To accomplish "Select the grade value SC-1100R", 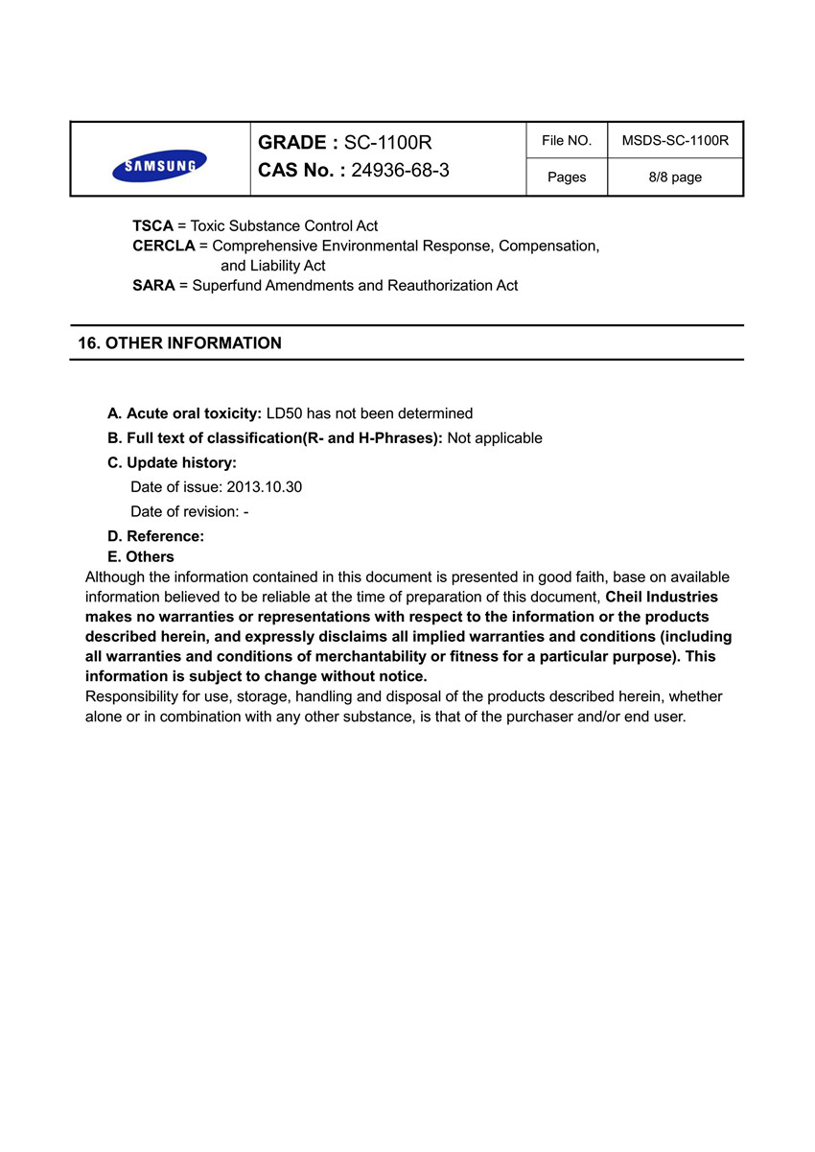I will click(x=387, y=143).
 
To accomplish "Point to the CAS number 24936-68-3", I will click(x=400, y=171).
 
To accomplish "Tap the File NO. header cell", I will click(x=567, y=141).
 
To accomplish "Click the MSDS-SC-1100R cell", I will click(x=675, y=141).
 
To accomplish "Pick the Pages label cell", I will click(x=567, y=177).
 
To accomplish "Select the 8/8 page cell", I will click(x=675, y=177).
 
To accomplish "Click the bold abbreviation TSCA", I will click(x=152, y=226).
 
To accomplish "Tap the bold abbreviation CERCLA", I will click(x=163, y=247).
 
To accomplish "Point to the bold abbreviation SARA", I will click(x=153, y=286).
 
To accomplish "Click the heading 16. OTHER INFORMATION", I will click(x=179, y=343).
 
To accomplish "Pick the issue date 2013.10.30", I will click(x=264, y=487).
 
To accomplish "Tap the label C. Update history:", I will click(x=172, y=463).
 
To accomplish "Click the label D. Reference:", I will click(x=155, y=536).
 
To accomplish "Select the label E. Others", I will click(x=141, y=557).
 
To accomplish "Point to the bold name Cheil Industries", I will click(x=662, y=597).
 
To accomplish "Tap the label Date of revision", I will click(x=184, y=512).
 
